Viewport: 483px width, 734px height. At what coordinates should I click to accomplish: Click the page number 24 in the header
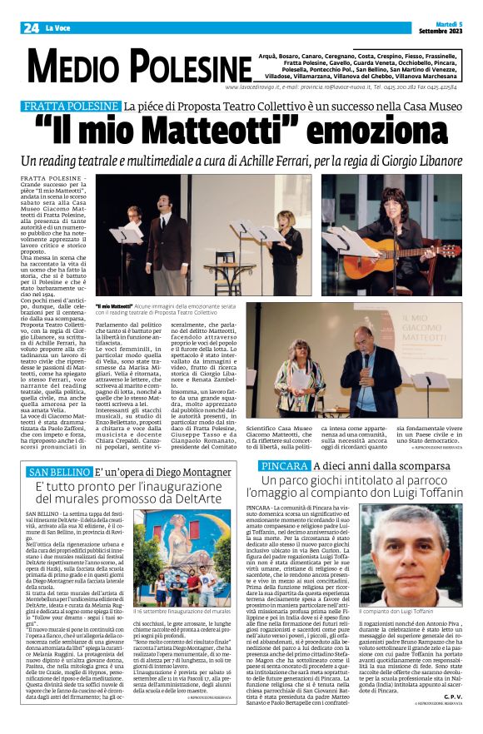coord(31,27)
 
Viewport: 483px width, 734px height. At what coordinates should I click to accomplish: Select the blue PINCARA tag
coord(281,466)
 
